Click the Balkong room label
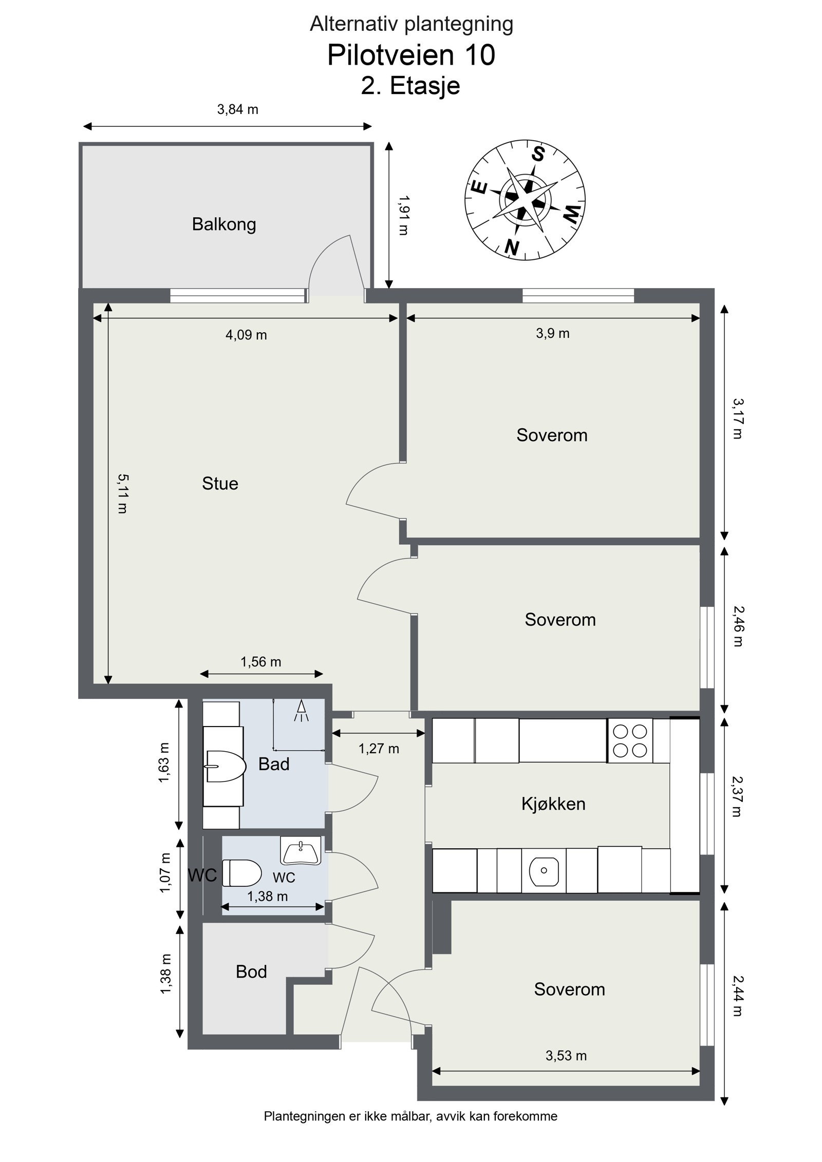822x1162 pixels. click(x=224, y=224)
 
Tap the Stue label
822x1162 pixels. click(x=220, y=484)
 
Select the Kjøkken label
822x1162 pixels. click(x=553, y=804)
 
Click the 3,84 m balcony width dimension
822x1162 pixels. click(x=237, y=109)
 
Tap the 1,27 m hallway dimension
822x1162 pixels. click(x=379, y=749)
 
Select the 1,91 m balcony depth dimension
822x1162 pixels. click(x=404, y=215)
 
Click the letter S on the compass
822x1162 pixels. click(x=538, y=154)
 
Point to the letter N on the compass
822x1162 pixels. click(x=512, y=247)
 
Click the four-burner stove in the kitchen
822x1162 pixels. click(x=630, y=740)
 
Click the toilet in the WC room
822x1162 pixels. click(x=242, y=873)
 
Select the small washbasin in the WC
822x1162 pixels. click(x=301, y=850)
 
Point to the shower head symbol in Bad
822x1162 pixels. click(x=302, y=711)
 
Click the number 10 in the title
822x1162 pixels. click(x=480, y=55)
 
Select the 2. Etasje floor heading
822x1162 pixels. click(x=410, y=86)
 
